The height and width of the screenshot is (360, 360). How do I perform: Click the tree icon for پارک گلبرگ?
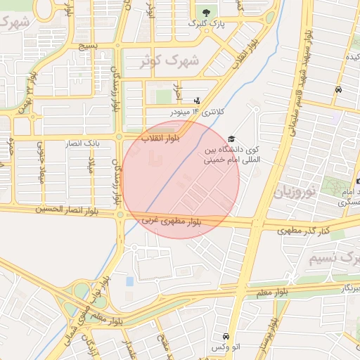point(206,12)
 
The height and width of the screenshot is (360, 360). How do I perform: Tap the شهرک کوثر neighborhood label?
point(169,60)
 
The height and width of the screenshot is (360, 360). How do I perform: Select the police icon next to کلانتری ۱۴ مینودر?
point(197,100)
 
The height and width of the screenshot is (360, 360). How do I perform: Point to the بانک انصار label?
point(84,143)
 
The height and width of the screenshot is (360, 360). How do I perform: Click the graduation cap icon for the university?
point(232,139)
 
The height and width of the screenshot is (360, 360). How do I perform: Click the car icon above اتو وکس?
point(225,337)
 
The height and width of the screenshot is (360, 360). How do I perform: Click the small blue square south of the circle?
point(129,281)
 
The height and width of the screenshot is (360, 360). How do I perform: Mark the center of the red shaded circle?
point(180,179)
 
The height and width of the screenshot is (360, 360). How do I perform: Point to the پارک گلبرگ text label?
point(205,24)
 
